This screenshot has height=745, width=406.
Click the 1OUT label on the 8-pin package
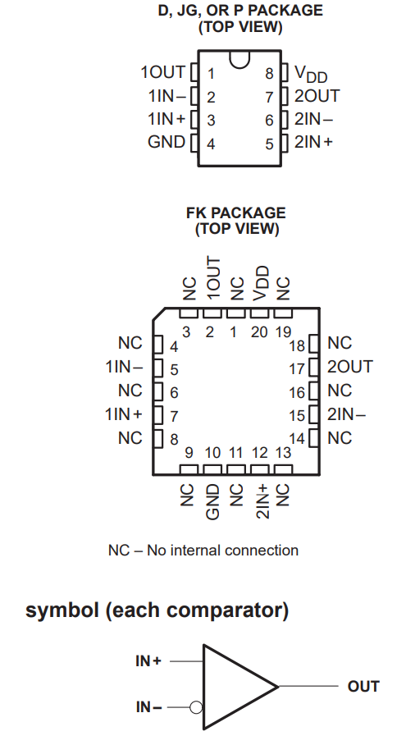click(162, 72)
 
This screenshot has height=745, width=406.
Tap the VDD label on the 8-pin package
click(311, 74)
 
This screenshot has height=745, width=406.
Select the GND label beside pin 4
click(167, 142)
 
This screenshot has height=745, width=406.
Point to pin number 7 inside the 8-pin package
click(268, 97)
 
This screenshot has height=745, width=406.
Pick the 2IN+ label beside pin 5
click(313, 142)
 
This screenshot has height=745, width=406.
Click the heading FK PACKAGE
click(236, 213)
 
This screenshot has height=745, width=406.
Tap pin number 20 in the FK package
click(259, 331)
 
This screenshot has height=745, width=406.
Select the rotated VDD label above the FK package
click(261, 282)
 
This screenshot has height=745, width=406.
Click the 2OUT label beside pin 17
click(349, 367)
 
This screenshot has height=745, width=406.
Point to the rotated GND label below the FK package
click(212, 501)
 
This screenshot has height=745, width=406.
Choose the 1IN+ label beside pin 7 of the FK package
click(124, 414)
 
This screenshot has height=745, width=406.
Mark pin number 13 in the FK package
click(283, 453)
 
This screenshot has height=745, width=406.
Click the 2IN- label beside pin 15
click(346, 414)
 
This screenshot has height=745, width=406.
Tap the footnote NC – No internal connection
click(203, 551)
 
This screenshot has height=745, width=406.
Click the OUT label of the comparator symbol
click(363, 686)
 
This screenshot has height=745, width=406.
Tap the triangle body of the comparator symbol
click(234, 686)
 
